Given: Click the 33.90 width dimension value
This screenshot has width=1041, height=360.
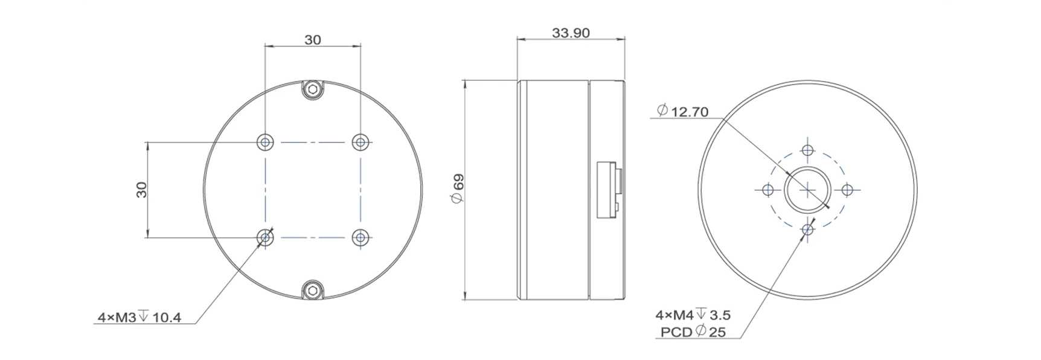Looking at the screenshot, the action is point(571,33).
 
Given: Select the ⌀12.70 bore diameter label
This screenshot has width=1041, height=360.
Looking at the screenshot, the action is point(682,111).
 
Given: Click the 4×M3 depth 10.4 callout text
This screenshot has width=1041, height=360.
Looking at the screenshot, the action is point(139,317).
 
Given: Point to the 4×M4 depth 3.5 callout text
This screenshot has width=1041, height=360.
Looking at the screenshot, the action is point(693,315).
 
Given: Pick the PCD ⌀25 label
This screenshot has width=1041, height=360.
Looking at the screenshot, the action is point(693,332).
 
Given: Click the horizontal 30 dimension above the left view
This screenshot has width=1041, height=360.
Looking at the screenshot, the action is point(312,40).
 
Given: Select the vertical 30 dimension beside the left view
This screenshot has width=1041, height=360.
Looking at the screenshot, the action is point(142,190).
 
